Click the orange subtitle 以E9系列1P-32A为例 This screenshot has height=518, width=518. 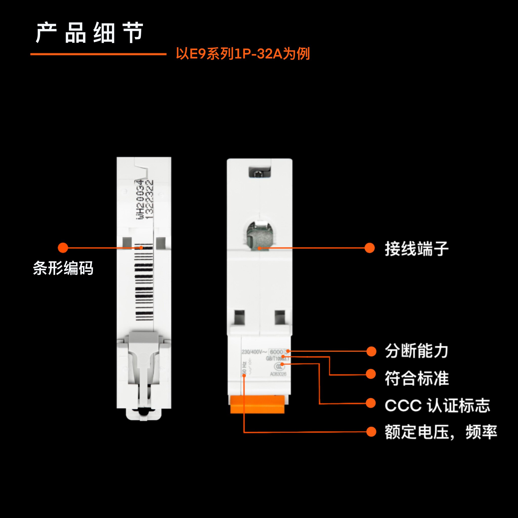(x=243, y=54)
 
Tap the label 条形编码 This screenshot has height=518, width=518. (x=63, y=268)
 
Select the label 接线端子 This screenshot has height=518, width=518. (x=417, y=249)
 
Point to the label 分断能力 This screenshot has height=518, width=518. (x=417, y=351)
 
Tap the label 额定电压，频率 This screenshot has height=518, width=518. (x=441, y=432)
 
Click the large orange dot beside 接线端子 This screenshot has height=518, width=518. (x=370, y=248)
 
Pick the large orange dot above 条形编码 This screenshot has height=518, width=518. (x=63, y=248)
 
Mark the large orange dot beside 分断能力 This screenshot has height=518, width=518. (x=371, y=351)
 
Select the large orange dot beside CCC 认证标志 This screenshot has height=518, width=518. (x=371, y=403)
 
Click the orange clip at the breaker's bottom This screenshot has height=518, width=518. (x=257, y=405)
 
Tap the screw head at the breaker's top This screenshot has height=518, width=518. (x=260, y=173)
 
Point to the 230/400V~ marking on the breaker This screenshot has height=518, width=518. (x=254, y=352)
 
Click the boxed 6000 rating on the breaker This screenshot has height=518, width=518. (x=276, y=352)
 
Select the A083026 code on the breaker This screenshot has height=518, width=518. (x=278, y=374)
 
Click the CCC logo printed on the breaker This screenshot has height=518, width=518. (x=279, y=366)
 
